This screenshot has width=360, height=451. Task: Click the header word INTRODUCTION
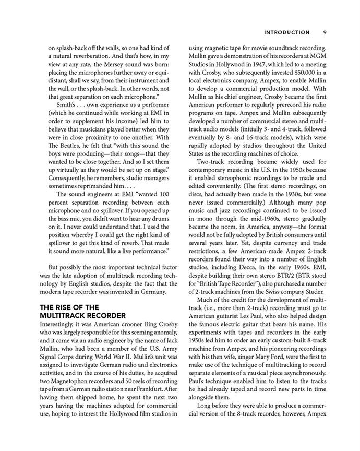[x=287, y=31]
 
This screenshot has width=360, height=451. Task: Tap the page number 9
[x=325, y=31]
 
